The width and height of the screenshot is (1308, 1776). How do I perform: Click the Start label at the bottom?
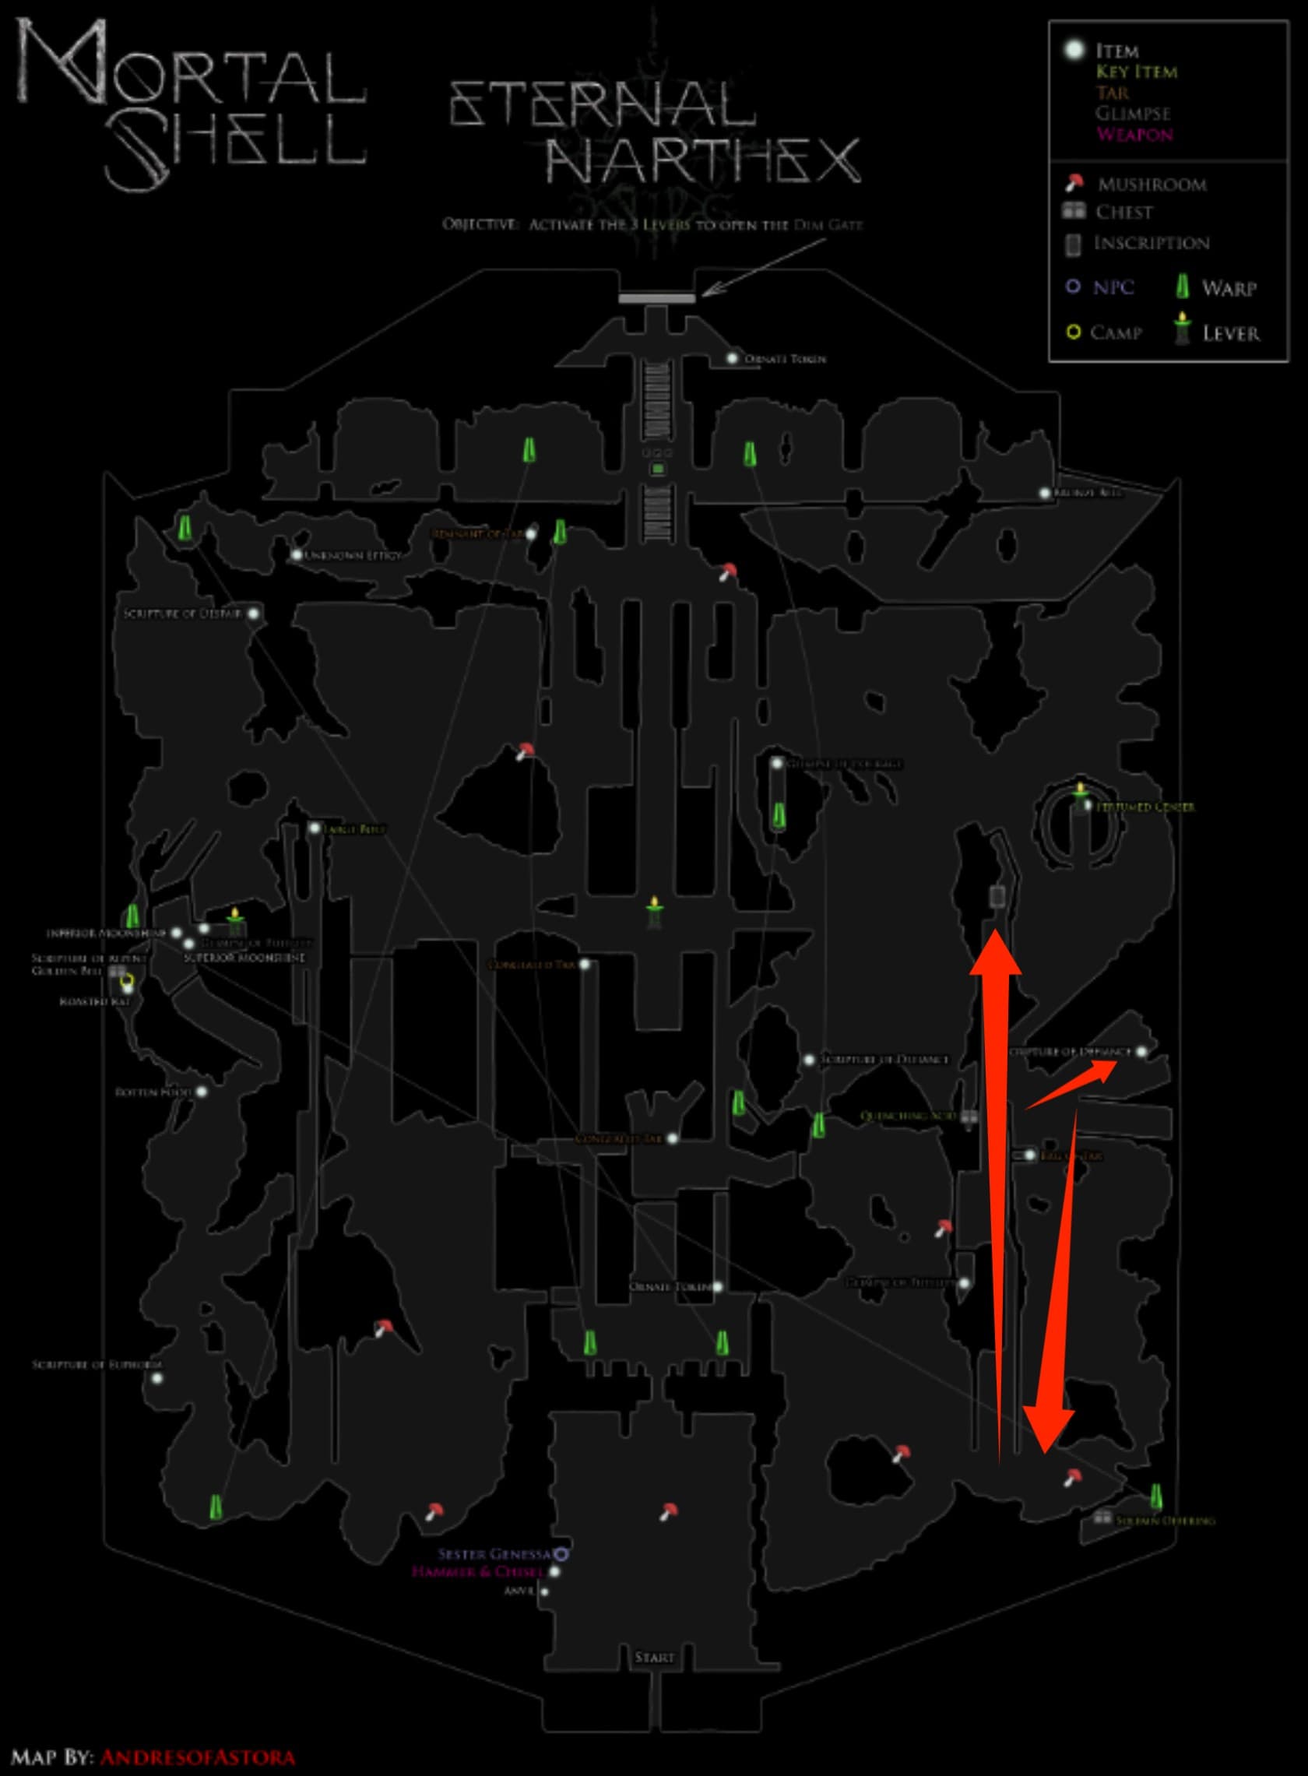[x=654, y=1656]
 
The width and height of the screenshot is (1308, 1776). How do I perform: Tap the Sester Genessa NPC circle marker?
[x=561, y=1553]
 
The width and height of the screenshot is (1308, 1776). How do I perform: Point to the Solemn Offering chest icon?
[x=1102, y=1517]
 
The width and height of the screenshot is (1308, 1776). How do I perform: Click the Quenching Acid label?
[x=908, y=1116]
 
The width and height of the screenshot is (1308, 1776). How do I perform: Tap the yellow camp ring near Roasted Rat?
[x=126, y=982]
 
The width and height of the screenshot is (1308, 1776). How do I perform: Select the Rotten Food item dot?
[x=202, y=1092]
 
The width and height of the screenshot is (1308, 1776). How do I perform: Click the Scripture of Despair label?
[x=182, y=614]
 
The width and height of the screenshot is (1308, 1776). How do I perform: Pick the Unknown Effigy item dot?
[x=296, y=555]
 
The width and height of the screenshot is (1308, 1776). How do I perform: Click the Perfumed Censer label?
[x=1145, y=807]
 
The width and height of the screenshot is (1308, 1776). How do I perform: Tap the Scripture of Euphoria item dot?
[x=156, y=1377]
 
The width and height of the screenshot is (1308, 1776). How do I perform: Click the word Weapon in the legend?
[x=1134, y=134]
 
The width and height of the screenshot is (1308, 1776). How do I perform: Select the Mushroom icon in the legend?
[x=1074, y=184]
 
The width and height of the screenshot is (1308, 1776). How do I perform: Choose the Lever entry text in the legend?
[x=1230, y=333]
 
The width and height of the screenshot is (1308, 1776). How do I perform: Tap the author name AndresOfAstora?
[x=197, y=1757]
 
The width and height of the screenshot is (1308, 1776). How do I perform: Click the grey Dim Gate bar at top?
[x=656, y=298]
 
